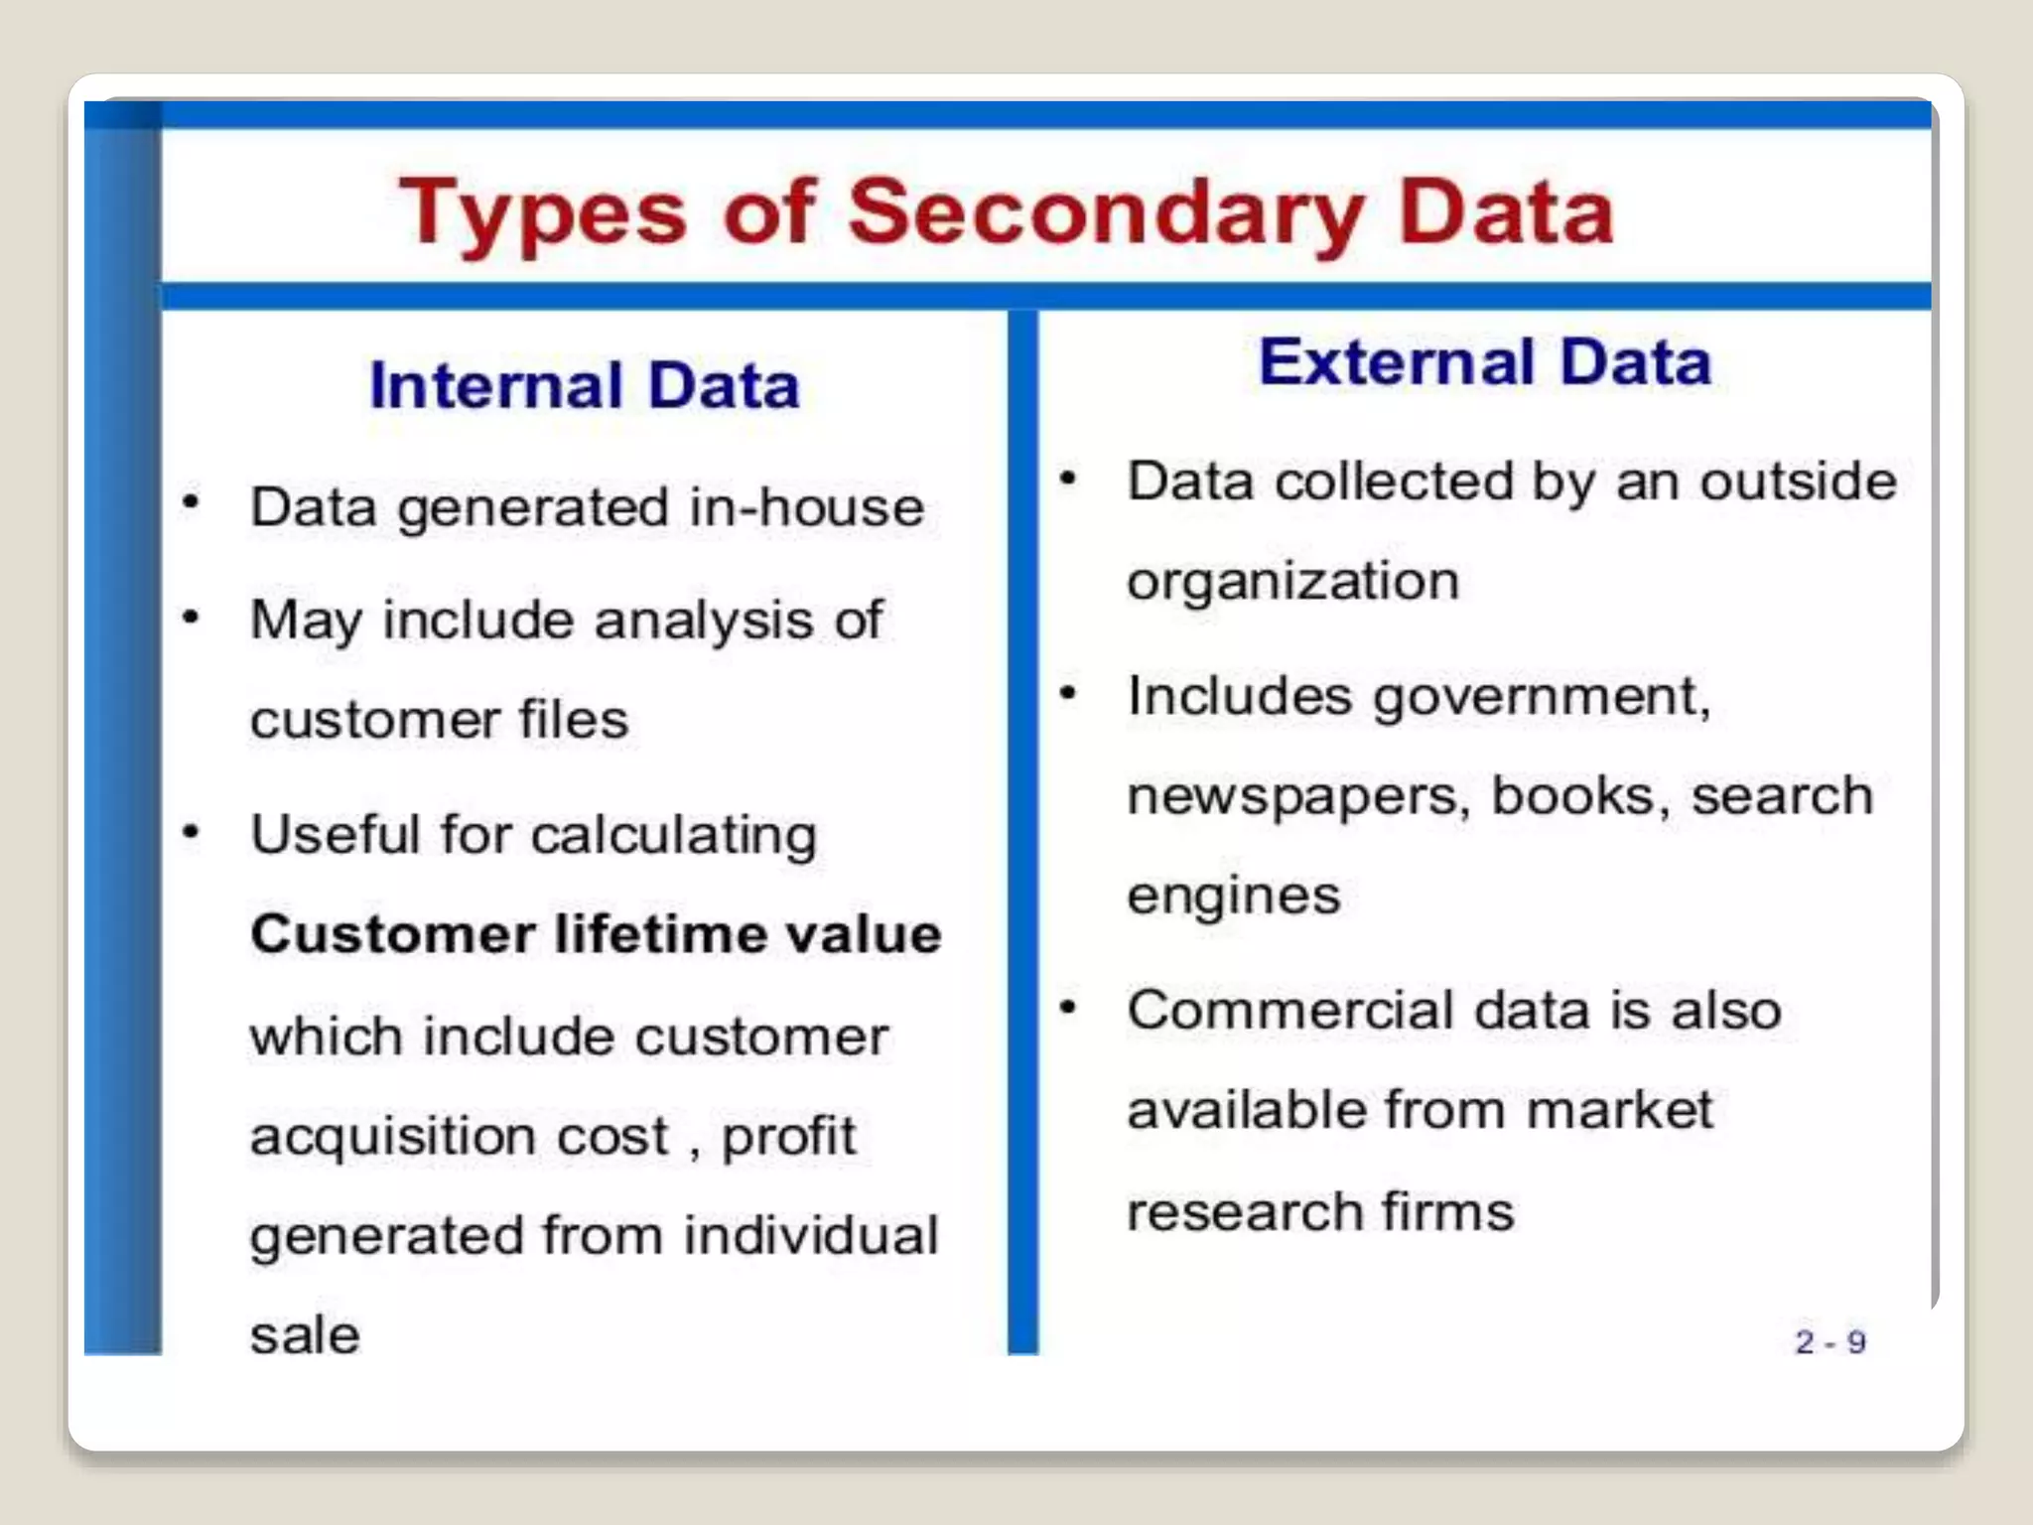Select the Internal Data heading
(x=584, y=385)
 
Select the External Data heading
(x=1485, y=361)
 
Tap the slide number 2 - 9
(x=1830, y=1342)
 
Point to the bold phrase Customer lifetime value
(x=596, y=934)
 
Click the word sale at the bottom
(x=305, y=1335)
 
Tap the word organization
(x=1292, y=581)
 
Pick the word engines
(x=1233, y=896)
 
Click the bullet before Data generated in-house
(x=192, y=501)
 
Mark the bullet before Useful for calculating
(x=192, y=830)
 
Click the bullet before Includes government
(x=1068, y=692)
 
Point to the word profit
(x=788, y=1137)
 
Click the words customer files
(x=439, y=720)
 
